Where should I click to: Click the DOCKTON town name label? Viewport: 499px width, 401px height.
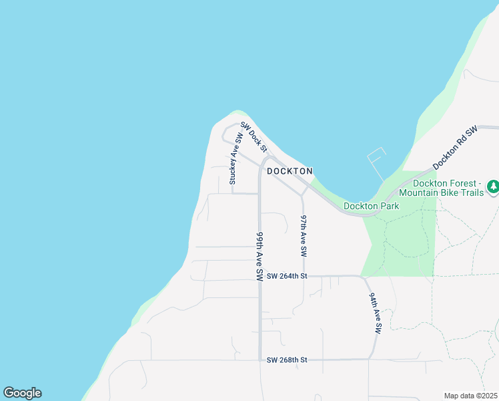pyautogui.click(x=290, y=171)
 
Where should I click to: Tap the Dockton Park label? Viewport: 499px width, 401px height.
pyautogui.click(x=371, y=206)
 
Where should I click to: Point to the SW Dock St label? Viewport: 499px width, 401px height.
pyautogui.click(x=254, y=137)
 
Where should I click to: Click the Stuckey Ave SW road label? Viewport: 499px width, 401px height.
pyautogui.click(x=233, y=158)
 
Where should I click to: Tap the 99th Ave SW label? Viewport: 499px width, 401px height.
pyautogui.click(x=260, y=257)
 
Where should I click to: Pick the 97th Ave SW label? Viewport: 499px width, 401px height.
pyautogui.click(x=304, y=237)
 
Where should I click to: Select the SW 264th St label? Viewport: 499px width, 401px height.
pyautogui.click(x=287, y=276)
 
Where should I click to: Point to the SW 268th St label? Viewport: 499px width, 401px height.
pyautogui.click(x=287, y=360)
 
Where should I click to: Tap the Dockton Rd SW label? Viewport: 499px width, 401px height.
pyautogui.click(x=456, y=147)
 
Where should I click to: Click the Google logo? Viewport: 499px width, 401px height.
pyautogui.click(x=22, y=393)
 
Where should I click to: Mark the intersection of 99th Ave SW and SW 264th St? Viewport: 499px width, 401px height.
pyautogui.click(x=260, y=276)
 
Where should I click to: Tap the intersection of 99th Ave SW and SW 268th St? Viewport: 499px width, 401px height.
pyautogui.click(x=260, y=360)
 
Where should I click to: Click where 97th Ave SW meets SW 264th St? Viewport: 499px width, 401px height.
pyautogui.click(x=304, y=276)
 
